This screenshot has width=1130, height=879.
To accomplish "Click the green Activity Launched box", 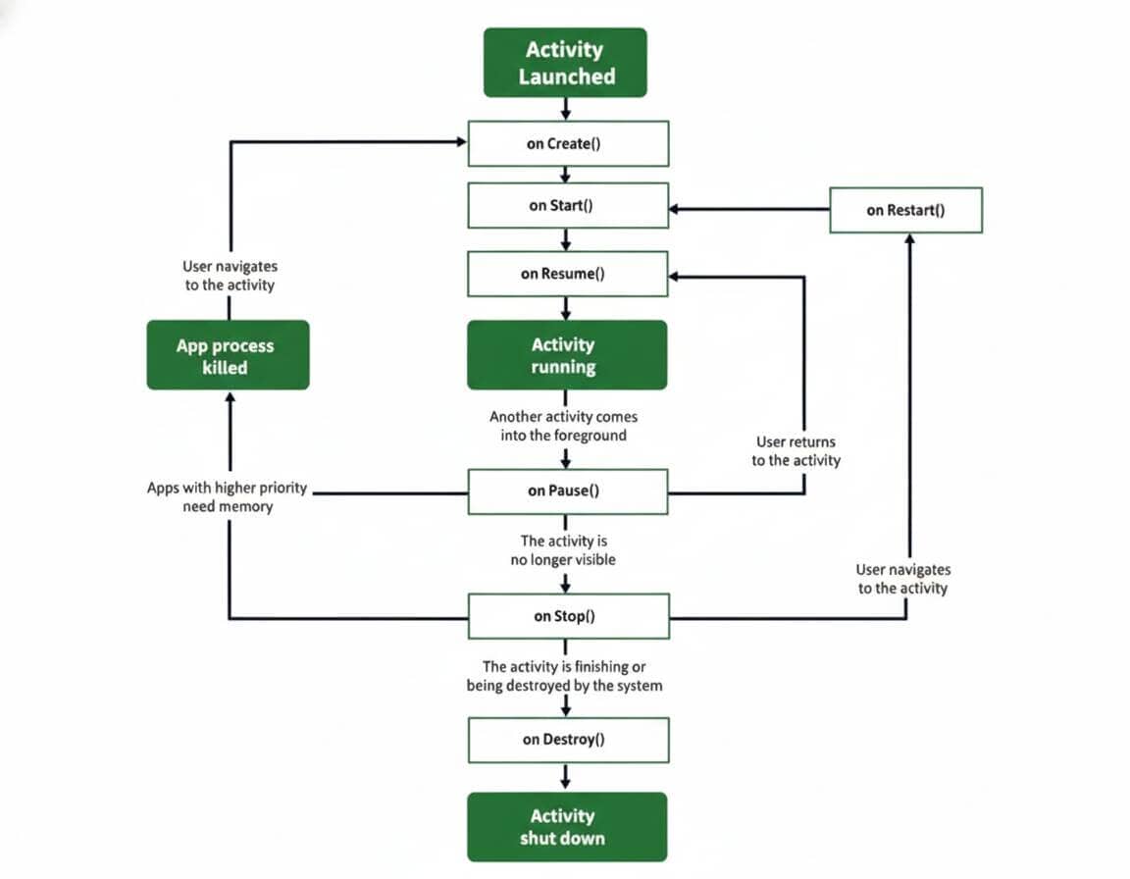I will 565,63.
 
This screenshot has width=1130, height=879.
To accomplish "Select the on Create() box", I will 568,143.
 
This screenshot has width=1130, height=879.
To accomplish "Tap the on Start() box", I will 568,206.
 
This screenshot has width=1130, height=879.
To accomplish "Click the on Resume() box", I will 568,274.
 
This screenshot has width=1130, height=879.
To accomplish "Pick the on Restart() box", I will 905,210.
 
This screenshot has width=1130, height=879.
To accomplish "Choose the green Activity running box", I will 567,355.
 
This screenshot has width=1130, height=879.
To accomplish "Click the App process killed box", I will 228,355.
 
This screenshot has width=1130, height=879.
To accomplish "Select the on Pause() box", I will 568,491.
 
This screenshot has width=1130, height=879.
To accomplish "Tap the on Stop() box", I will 568,616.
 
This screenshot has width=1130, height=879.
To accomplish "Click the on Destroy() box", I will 568,740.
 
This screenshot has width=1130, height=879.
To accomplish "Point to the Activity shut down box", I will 567,827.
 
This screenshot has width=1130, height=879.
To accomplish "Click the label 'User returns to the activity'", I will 796,451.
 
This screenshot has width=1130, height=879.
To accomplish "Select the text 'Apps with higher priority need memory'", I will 228,497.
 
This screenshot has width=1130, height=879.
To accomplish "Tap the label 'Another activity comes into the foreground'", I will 563,426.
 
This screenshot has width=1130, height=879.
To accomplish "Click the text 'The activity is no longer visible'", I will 568,550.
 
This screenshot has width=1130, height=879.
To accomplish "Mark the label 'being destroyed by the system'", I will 564,686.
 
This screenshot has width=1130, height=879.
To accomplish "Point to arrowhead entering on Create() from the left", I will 460,142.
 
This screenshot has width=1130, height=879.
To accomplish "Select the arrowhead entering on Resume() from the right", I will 676,277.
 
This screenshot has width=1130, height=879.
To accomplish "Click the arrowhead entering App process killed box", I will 230,397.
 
